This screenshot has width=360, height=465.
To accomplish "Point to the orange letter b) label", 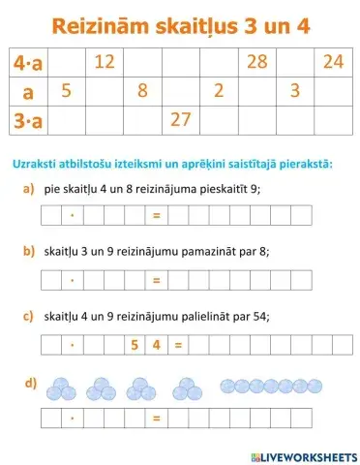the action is click(x=29, y=251).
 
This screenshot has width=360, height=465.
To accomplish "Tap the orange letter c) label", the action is click(x=29, y=315).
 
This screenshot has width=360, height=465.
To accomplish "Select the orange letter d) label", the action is click(x=29, y=382).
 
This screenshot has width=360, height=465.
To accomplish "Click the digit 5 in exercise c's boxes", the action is click(x=133, y=343).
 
